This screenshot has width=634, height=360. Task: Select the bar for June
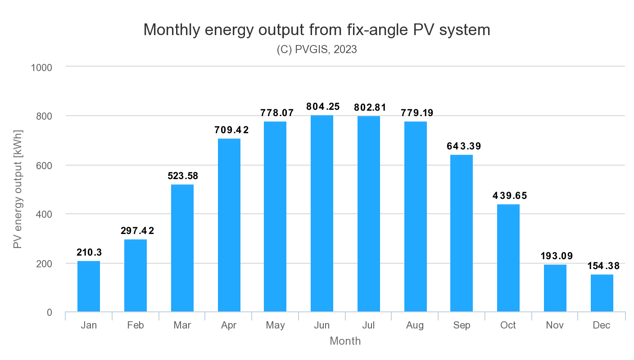coord(322,214)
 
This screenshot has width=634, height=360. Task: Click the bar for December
coord(602,293)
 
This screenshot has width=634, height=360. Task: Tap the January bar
coord(89,286)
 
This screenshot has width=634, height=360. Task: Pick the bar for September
coord(462,233)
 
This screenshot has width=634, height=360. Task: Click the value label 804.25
coord(323,107)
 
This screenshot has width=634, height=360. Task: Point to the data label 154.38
coord(603,266)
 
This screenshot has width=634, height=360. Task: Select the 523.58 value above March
coord(182,176)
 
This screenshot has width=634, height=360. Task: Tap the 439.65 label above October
coord(509,196)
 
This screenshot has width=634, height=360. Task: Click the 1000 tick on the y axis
coord(41,67)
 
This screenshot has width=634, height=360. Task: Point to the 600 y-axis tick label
coord(44,166)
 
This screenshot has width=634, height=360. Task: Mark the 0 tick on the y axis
coord(49,313)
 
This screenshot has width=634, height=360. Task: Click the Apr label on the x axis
coord(229,325)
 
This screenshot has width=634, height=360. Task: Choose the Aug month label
coord(415,325)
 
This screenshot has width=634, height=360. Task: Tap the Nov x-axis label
coord(555,325)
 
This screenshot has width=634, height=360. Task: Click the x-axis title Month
coord(345,341)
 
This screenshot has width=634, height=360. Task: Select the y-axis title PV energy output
coord(18,189)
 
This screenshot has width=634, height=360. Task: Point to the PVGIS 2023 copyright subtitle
coord(317,49)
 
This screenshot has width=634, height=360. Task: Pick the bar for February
coord(136,275)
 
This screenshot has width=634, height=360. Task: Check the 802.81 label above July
coord(370,108)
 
